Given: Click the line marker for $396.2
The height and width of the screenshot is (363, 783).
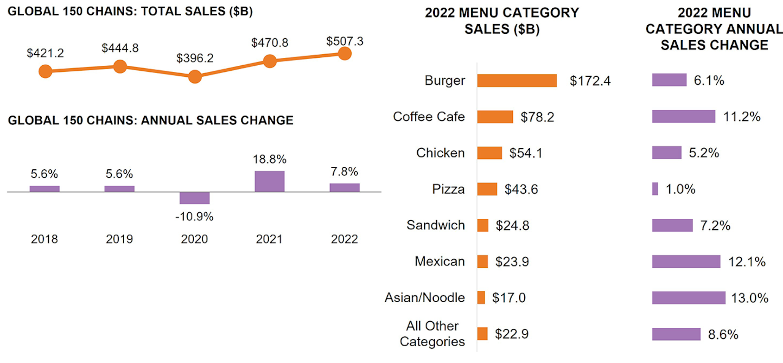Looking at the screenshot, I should (x=195, y=77).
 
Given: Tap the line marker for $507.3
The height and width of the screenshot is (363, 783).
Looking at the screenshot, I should (x=344, y=54).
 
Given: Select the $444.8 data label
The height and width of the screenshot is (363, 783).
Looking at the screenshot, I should (x=120, y=48).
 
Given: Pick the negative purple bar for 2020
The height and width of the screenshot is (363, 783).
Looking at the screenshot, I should (x=195, y=198).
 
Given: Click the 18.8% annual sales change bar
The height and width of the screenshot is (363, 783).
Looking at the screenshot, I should (x=269, y=181).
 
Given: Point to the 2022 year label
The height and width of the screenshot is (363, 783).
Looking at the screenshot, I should (x=344, y=239).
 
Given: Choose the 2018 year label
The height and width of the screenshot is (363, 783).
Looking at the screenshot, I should (x=44, y=239).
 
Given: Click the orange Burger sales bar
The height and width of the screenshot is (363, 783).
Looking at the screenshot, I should (x=517, y=80).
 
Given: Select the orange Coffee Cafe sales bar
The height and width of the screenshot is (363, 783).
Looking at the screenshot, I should (x=495, y=117).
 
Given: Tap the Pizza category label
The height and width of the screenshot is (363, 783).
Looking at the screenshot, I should (x=448, y=189).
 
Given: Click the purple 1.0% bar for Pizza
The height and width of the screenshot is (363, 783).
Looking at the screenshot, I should (x=655, y=189).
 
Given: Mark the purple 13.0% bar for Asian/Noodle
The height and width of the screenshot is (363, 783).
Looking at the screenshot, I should (x=688, y=298).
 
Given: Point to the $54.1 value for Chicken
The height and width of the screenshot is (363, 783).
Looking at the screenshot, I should (x=526, y=153).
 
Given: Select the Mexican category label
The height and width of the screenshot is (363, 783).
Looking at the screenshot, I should (x=440, y=261).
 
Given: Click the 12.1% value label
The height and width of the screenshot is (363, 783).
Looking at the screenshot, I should (x=747, y=262).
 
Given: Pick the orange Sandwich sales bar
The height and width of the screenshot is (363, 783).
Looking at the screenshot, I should (x=483, y=225).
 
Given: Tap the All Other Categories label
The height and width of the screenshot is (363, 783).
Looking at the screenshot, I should (x=432, y=334).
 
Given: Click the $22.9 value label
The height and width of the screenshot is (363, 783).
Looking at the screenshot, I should (x=511, y=334).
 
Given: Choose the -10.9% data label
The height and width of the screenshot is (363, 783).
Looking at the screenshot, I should (x=194, y=217).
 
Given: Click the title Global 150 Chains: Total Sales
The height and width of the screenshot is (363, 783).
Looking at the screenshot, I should (x=130, y=11).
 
